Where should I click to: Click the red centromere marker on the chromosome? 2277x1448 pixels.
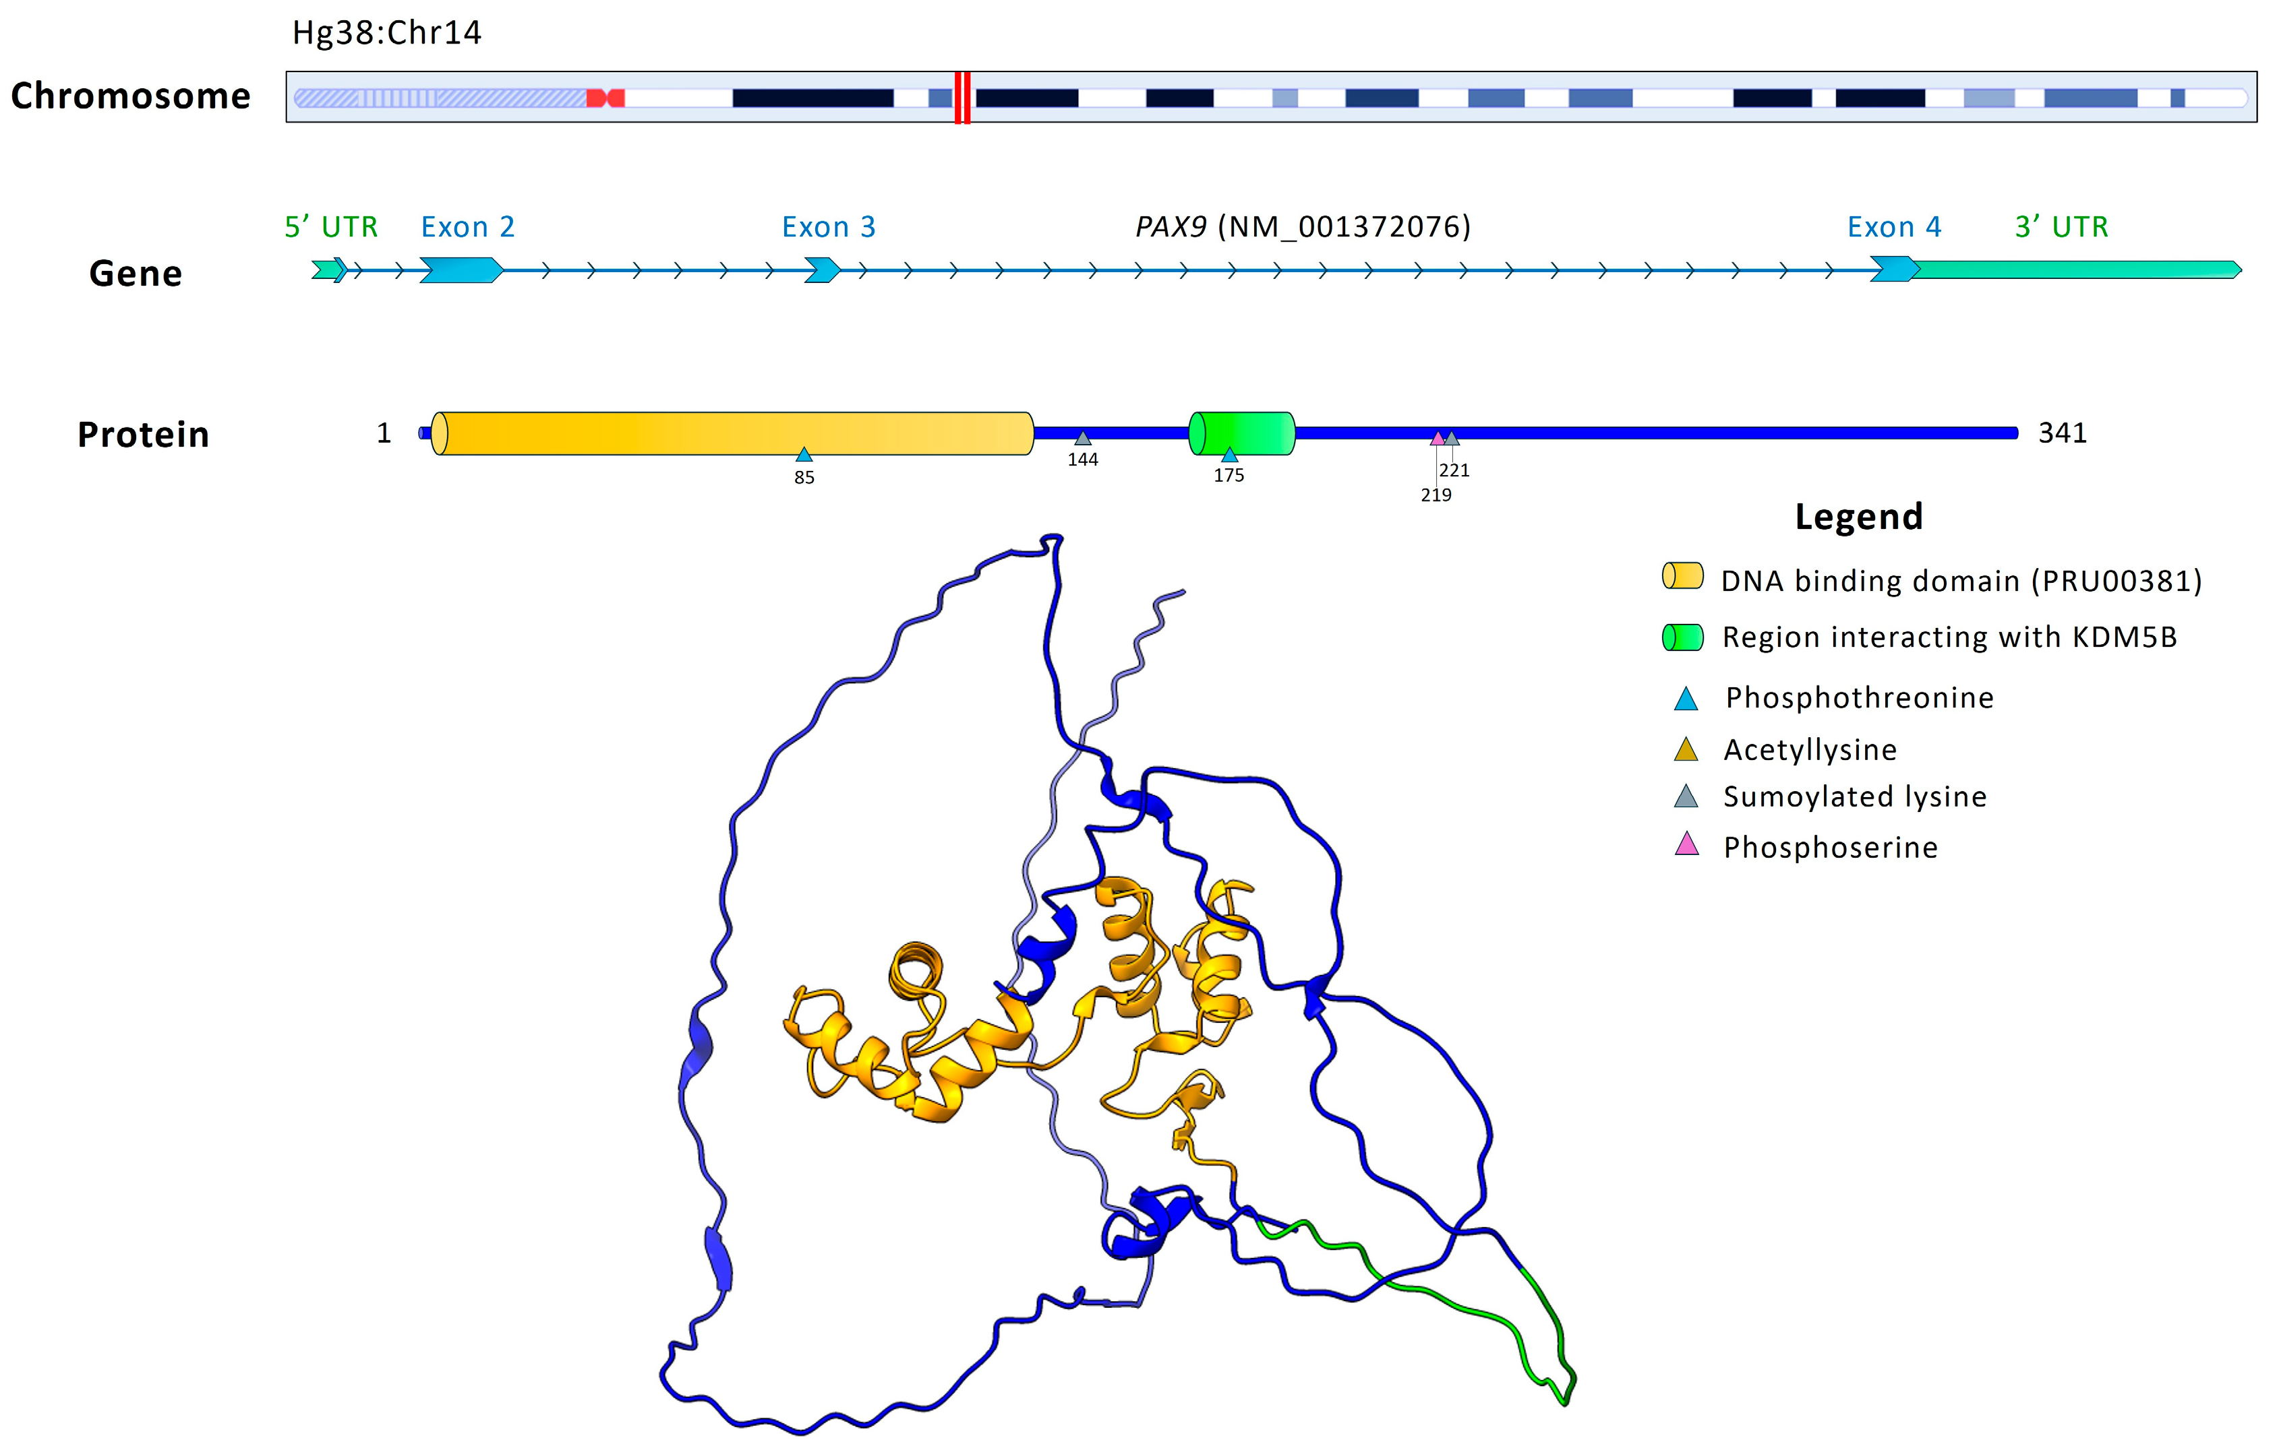click(605, 97)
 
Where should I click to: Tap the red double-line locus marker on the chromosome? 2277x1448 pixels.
click(962, 97)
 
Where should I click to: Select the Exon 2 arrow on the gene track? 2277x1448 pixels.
click(461, 270)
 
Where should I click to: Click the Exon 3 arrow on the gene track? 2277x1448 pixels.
click(822, 270)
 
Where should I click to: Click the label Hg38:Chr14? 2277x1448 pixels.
click(387, 33)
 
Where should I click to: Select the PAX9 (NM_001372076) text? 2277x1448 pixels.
click(1303, 227)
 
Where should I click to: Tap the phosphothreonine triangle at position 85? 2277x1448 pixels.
click(804, 455)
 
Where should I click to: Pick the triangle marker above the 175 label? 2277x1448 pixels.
click(1229, 455)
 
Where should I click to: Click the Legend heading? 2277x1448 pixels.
click(1858, 517)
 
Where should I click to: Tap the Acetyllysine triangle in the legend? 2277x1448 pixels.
click(1686, 749)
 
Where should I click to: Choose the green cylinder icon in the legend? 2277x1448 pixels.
click(1683, 637)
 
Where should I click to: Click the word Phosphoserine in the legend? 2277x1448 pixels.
click(1831, 848)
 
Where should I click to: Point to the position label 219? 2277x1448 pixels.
click(1436, 495)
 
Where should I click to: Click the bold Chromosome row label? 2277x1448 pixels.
click(131, 96)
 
